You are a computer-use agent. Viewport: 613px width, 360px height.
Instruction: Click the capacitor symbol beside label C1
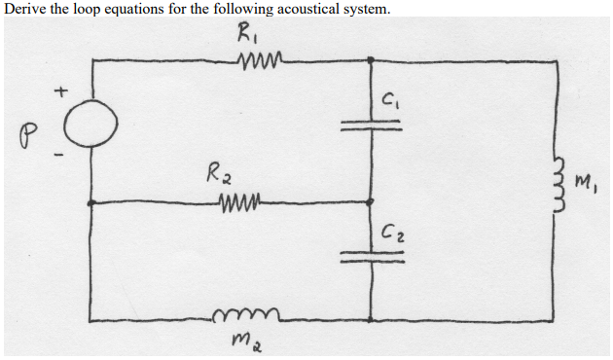[x=371, y=126]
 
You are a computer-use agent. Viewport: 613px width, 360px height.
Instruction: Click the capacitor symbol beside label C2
[x=371, y=256]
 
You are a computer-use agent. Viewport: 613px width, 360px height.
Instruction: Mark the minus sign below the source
[x=60, y=156]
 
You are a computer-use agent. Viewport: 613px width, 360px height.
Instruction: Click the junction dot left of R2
[x=92, y=203]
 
